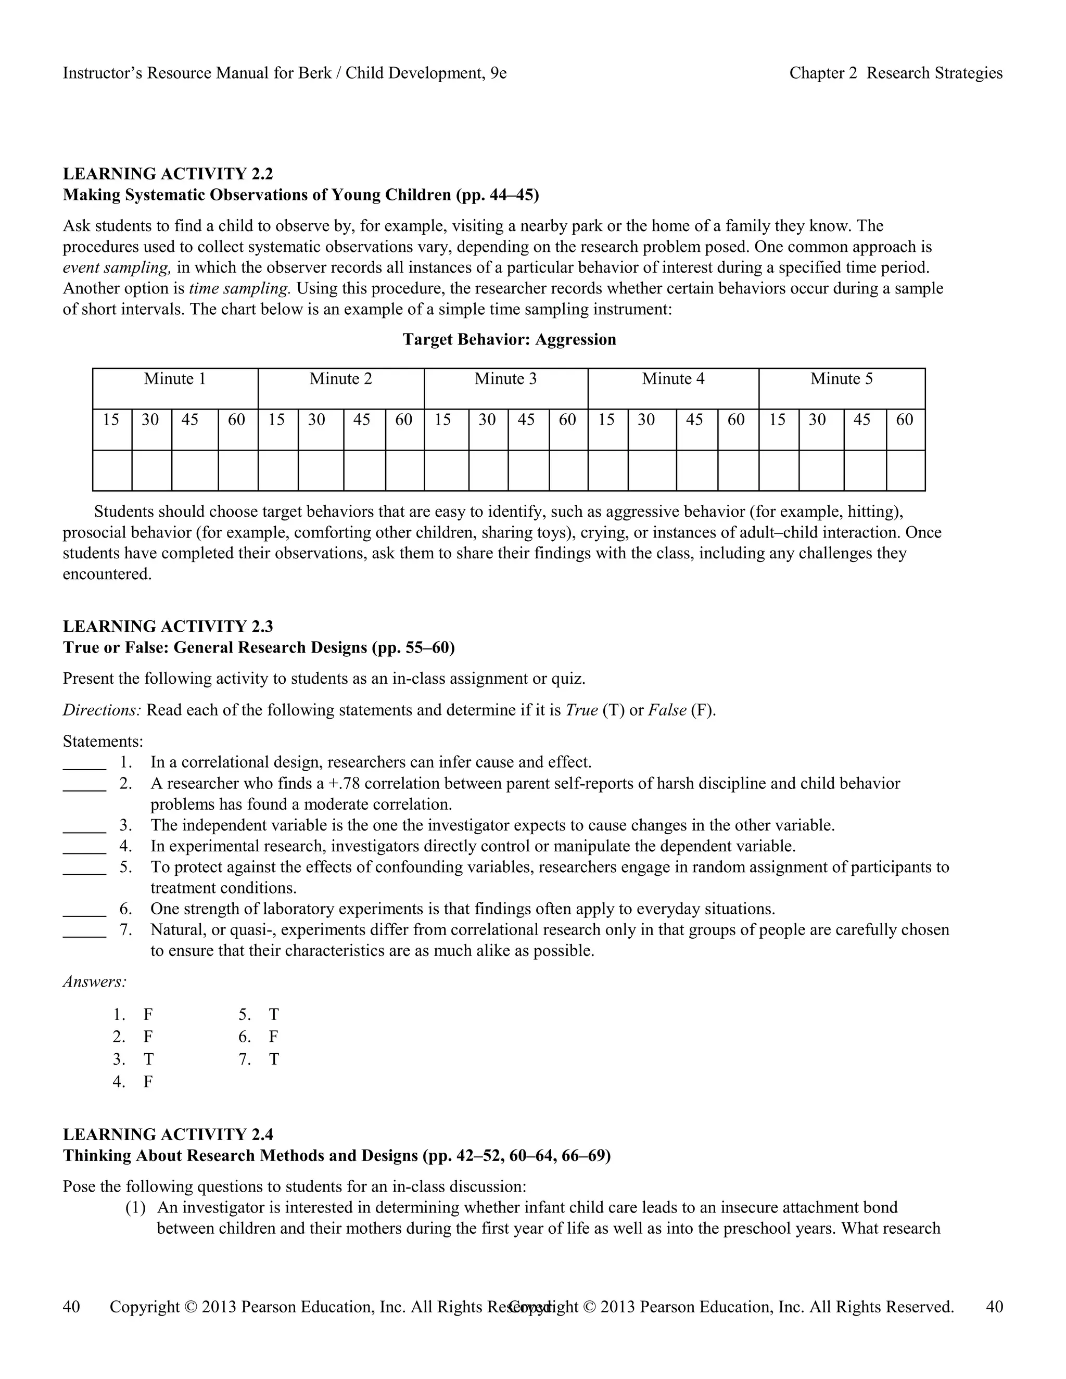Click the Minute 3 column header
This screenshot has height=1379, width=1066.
[505, 379]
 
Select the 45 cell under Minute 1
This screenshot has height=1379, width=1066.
[190, 420]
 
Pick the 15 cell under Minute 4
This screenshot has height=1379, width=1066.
[606, 420]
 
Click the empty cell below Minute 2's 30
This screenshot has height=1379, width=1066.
[321, 470]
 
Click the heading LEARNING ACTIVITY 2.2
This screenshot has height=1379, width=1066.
[168, 174]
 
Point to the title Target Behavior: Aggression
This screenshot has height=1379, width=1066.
[509, 340]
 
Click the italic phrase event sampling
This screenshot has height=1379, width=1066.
[117, 267]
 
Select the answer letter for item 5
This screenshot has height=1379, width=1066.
[273, 1015]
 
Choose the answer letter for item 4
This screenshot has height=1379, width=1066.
[148, 1082]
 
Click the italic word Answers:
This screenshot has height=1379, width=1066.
[95, 982]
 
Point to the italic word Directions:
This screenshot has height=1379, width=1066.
[103, 710]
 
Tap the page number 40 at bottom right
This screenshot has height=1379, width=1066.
[994, 1307]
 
